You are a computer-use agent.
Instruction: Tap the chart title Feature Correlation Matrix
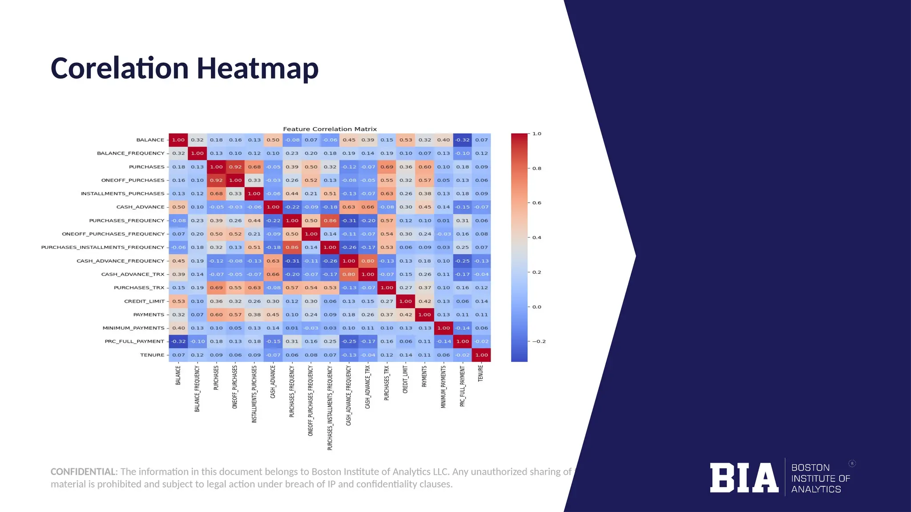coord(330,129)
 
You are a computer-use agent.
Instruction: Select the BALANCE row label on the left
coord(150,140)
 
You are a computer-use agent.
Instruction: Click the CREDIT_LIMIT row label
coord(144,301)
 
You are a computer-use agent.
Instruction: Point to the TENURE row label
coord(152,355)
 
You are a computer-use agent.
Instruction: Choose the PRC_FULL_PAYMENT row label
coord(134,341)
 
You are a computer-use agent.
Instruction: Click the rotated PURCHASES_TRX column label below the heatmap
coord(387,383)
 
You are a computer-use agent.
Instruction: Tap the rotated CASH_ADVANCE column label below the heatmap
coord(273,382)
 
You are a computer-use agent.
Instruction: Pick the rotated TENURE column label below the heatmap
coord(480,374)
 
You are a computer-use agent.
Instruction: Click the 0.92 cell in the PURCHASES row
coord(235,167)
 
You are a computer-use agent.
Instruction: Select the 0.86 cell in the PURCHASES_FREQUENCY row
coord(330,220)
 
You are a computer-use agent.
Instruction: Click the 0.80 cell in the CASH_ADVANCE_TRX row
coord(349,274)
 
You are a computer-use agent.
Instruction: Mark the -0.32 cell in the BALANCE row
coord(463,140)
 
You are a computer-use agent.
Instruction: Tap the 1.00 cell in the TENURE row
coord(481,355)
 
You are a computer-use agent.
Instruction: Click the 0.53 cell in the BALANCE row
coord(406,140)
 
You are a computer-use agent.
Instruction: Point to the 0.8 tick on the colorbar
coord(536,168)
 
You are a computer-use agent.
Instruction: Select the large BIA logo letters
coord(744,478)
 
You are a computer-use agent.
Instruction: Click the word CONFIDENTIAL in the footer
coord(83,472)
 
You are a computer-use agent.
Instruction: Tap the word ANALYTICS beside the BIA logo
coord(816,489)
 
